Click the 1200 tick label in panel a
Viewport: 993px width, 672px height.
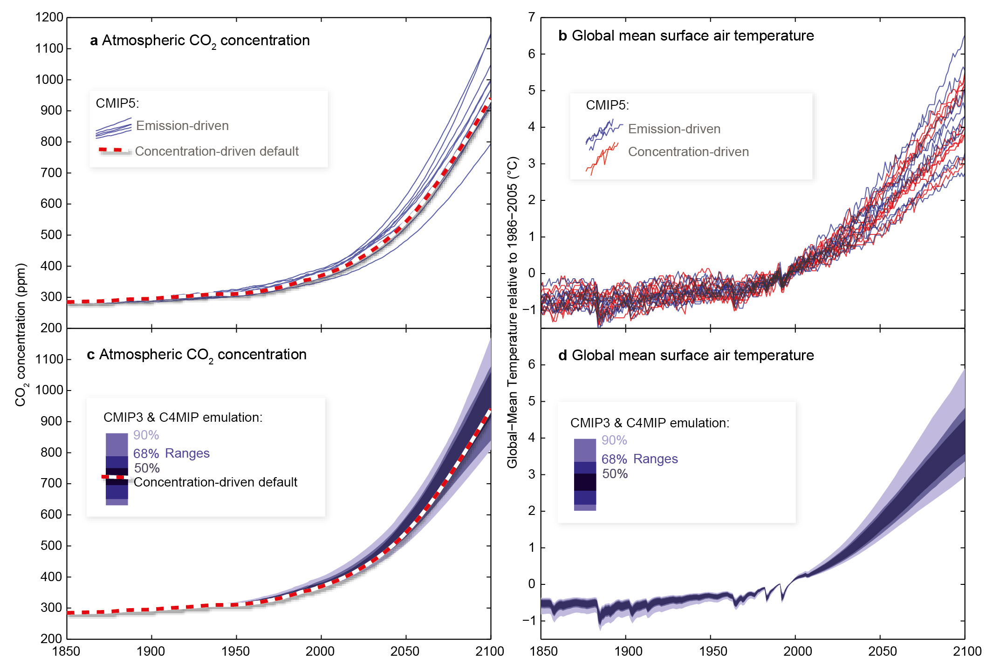point(49,17)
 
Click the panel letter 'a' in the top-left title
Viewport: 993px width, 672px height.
point(94,41)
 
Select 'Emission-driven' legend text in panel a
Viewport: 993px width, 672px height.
point(182,126)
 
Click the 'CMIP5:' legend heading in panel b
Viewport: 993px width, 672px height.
point(607,105)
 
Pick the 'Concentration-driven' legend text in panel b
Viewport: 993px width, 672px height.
point(688,152)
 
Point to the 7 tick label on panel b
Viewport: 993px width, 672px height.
point(531,17)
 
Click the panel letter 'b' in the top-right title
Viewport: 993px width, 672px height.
point(562,36)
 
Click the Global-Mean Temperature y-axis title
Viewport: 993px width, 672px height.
point(512,312)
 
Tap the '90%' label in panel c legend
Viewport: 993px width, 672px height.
point(146,435)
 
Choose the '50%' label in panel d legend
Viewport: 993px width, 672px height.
point(615,474)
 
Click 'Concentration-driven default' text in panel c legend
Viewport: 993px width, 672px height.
point(215,482)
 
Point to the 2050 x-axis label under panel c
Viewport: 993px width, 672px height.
point(404,651)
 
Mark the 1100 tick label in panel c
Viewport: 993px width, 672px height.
point(49,359)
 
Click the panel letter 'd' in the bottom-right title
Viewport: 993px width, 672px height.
point(562,356)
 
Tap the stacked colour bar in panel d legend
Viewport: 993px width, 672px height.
point(585,474)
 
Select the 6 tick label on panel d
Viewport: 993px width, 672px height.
point(531,364)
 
